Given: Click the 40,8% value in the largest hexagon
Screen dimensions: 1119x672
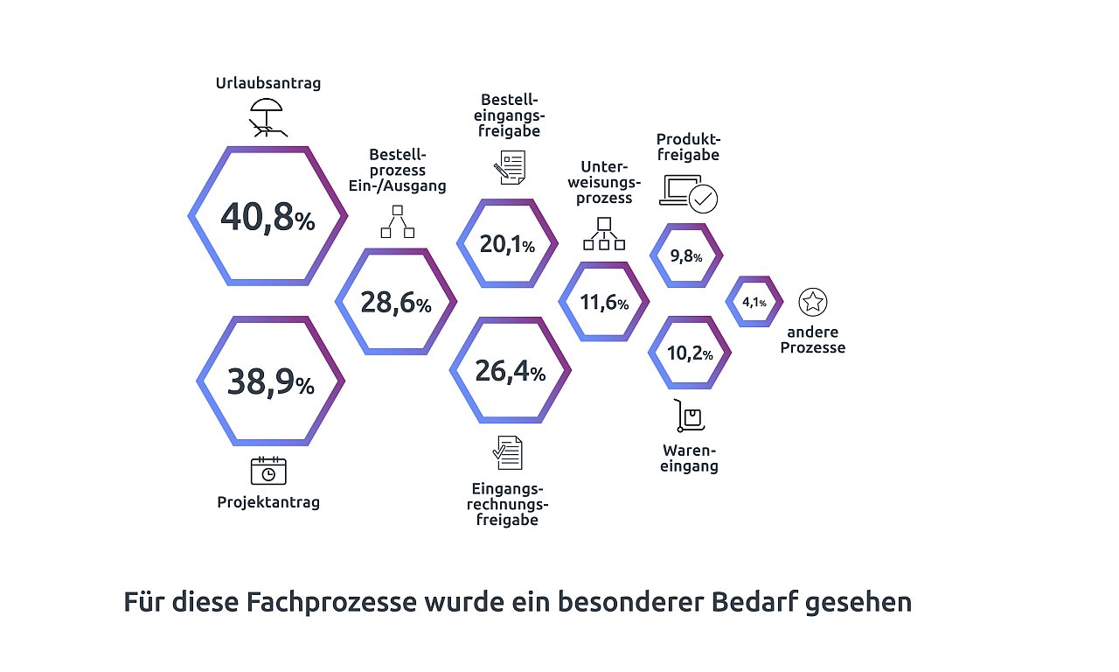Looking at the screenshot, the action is pyautogui.click(x=268, y=217).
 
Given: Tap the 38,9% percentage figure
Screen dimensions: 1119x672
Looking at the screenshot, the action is pyautogui.click(x=271, y=382).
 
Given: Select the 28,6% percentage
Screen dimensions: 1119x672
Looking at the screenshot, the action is pyautogui.click(x=396, y=303).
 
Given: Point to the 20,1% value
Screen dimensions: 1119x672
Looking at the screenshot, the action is pyautogui.click(x=507, y=244).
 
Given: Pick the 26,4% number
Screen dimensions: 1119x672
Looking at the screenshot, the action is pyautogui.click(x=510, y=372).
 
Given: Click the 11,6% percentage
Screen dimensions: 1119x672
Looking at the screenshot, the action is pyautogui.click(x=604, y=302).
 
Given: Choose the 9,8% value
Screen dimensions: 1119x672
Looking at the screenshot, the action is pyautogui.click(x=686, y=256).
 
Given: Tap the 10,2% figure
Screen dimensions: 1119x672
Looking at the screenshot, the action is pyautogui.click(x=690, y=353).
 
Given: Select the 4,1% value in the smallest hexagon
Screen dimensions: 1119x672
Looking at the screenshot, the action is pyautogui.click(x=754, y=302).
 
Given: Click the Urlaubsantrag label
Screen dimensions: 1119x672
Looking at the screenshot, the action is pyautogui.click(x=268, y=83).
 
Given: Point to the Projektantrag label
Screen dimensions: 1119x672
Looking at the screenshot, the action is pyautogui.click(x=268, y=502).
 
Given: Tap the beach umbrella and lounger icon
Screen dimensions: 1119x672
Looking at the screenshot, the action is pyautogui.click(x=268, y=117).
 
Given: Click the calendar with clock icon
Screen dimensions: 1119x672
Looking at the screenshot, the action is pyautogui.click(x=268, y=471).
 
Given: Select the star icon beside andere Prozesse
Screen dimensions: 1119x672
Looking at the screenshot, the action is pyautogui.click(x=813, y=302).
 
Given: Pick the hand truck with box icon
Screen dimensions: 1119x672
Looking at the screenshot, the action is pyautogui.click(x=689, y=416).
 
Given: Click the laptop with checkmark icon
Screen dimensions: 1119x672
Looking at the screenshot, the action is pyautogui.click(x=688, y=194).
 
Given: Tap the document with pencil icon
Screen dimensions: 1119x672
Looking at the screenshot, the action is pyautogui.click(x=510, y=167).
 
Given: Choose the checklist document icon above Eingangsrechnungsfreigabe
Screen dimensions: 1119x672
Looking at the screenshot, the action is pyautogui.click(x=508, y=453).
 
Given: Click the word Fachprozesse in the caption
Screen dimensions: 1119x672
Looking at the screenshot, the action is pyautogui.click(x=331, y=602).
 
